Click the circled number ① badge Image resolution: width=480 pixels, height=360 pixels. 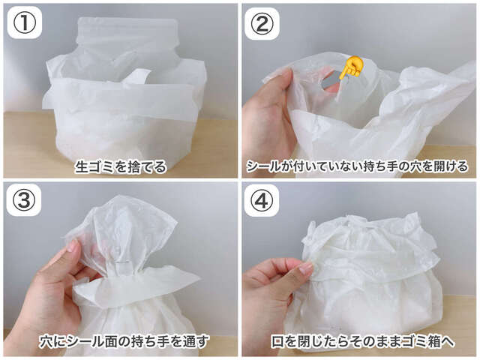tap(24, 23)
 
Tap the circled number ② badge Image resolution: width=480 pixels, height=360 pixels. tap(262, 23)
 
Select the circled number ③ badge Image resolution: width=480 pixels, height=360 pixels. tap(24, 201)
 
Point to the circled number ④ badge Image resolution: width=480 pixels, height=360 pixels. tap(262, 201)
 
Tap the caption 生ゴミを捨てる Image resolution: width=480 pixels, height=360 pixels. tap(121, 167)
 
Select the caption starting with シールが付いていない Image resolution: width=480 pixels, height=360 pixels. tap(357, 167)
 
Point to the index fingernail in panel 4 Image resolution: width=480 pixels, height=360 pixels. tap(305, 268)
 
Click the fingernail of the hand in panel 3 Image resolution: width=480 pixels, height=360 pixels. tap(73, 246)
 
